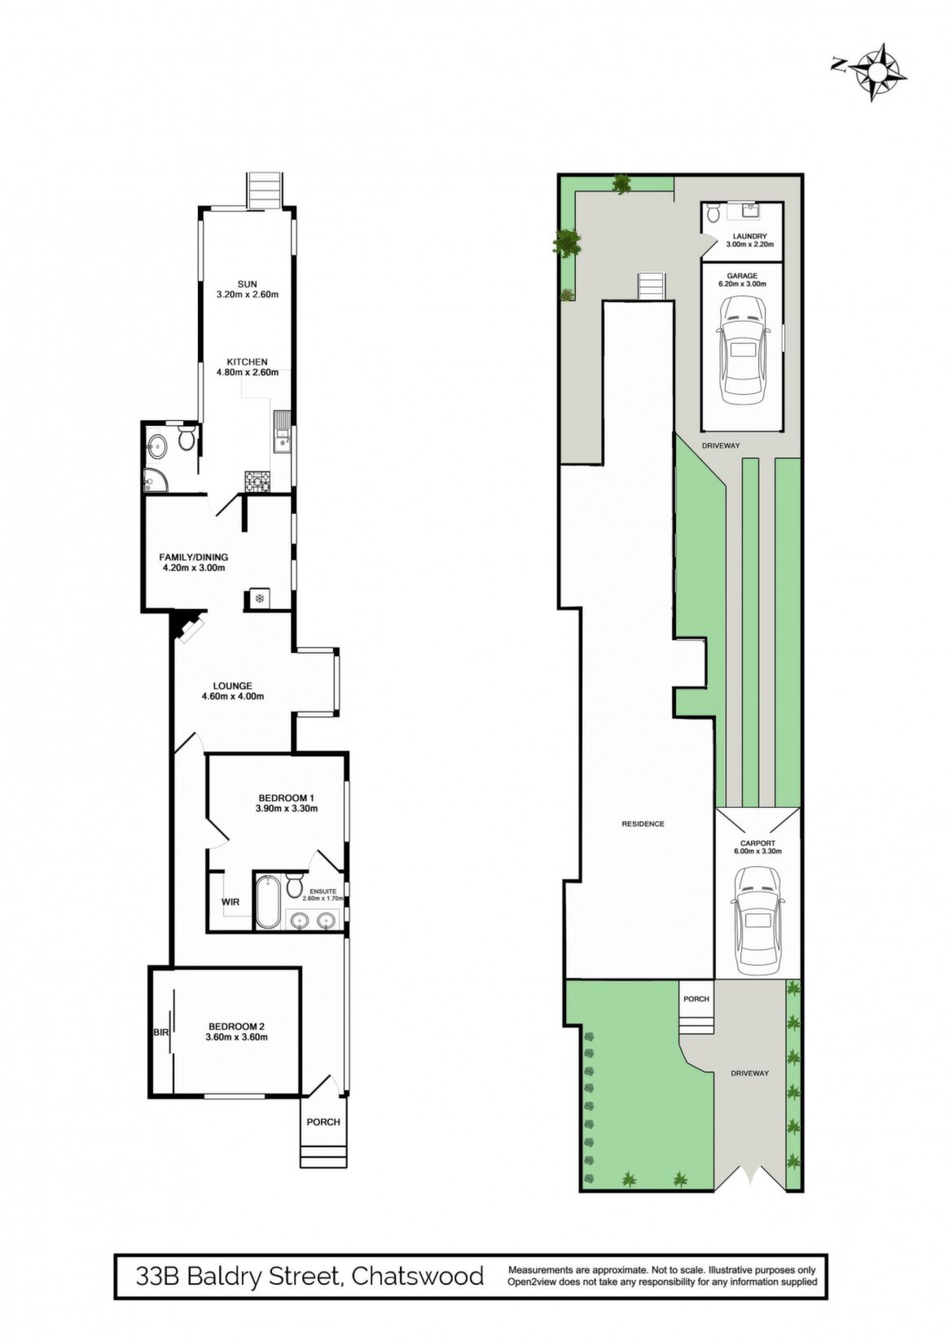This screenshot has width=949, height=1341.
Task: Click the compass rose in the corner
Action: pos(876,72)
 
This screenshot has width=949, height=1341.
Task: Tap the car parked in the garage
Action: pos(743,353)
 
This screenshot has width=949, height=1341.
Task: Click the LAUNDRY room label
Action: pos(749,236)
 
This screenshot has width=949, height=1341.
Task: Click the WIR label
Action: pos(231,901)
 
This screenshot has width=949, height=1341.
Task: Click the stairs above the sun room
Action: pos(264,191)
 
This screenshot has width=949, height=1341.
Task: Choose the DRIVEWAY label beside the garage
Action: pos(722,445)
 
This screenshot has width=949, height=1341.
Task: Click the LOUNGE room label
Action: pos(232,686)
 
